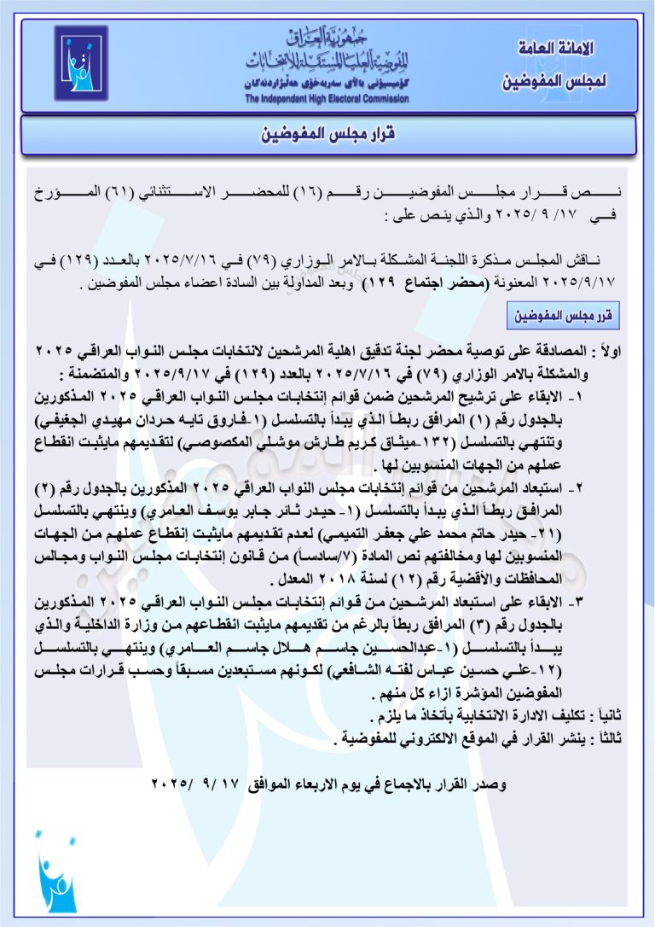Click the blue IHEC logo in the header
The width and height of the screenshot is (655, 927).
pos(82,64)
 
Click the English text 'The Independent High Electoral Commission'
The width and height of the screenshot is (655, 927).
pos(327,99)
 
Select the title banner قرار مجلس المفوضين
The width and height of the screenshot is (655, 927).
pos(328,135)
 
